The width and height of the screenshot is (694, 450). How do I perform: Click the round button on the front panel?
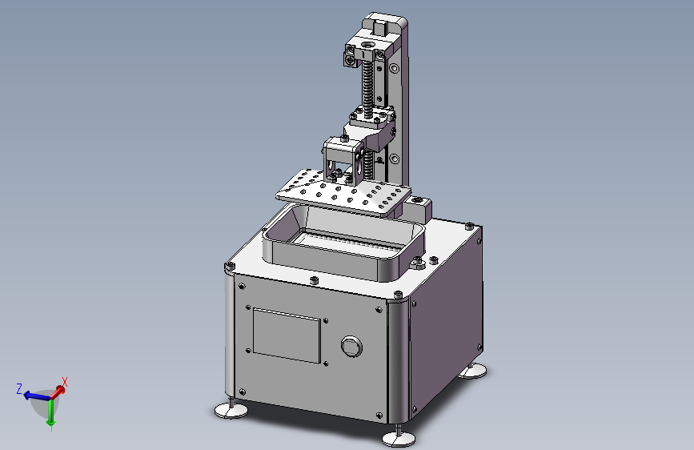click(351, 347)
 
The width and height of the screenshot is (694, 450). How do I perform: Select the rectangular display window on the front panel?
click(287, 334)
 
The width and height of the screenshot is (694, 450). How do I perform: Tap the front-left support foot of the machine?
click(231, 410)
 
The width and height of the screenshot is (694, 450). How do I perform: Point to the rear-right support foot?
click(474, 370)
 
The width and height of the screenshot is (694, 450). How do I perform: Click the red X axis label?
click(65, 383)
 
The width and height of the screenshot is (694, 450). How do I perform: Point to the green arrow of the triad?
click(50, 416)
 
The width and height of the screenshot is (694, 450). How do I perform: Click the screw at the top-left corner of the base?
click(230, 265)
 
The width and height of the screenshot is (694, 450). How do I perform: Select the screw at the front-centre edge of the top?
click(314, 280)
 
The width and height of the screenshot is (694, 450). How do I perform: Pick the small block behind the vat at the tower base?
click(419, 209)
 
